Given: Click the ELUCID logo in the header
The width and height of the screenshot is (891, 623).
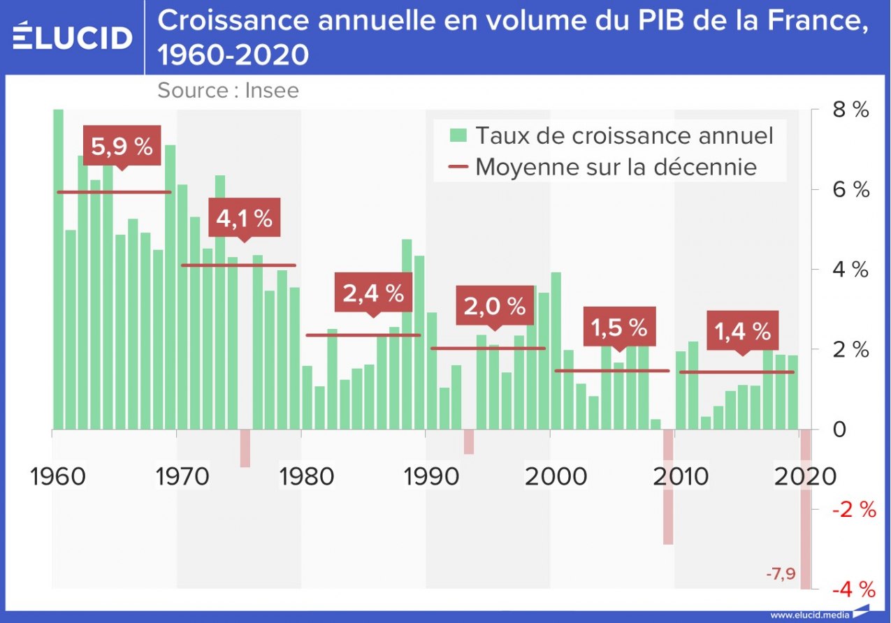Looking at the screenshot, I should (72, 36).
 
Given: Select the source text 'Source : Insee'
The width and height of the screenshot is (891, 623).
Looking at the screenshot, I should (228, 90).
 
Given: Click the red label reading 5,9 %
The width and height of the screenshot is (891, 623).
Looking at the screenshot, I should (122, 146).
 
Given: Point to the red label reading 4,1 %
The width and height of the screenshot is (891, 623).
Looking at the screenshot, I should (244, 218).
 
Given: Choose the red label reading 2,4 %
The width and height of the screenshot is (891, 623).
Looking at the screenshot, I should (373, 293).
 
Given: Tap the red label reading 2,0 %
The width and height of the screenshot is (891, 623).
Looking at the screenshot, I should (495, 305).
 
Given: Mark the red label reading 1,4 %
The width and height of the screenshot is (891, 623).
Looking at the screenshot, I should (742, 330).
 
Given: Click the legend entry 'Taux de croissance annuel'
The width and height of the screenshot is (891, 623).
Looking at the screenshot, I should (611, 135).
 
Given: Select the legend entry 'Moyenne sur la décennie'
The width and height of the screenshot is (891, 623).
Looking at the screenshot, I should (604, 167).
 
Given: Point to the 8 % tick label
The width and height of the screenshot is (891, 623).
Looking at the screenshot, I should (849, 110).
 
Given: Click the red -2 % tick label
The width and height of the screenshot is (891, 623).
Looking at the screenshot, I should (853, 509).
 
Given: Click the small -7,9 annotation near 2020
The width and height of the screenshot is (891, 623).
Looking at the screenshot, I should (781, 575).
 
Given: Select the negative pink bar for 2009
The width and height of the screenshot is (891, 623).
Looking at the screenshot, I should (668, 487).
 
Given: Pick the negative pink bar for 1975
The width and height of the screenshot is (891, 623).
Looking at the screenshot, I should (245, 448).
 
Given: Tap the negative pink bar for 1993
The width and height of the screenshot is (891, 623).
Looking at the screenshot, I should (469, 442).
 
